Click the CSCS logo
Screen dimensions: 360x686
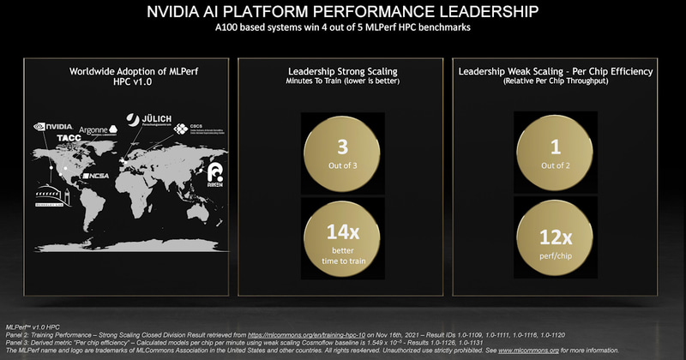(191, 129)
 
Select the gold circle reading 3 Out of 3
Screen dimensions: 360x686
(340, 152)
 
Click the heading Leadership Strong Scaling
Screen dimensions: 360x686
(340, 71)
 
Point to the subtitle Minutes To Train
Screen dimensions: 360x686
(316, 82)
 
